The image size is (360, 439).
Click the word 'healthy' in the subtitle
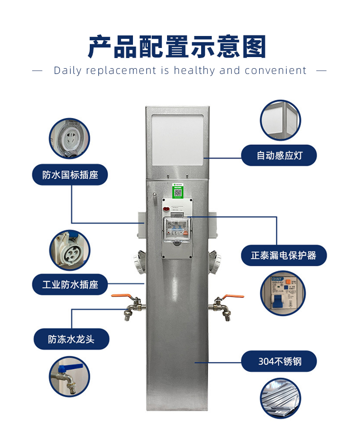[194, 71]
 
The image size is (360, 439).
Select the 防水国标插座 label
[70, 175]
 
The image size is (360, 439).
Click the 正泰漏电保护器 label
[284, 255]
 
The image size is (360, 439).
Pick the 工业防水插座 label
[70, 285]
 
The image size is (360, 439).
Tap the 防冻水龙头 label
[71, 339]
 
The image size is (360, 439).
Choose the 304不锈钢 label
[279, 361]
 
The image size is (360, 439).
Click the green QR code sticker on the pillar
[178, 191]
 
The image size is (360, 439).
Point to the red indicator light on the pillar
[166, 209]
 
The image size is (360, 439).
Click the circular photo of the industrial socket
[70, 250]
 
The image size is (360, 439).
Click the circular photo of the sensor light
[280, 120]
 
